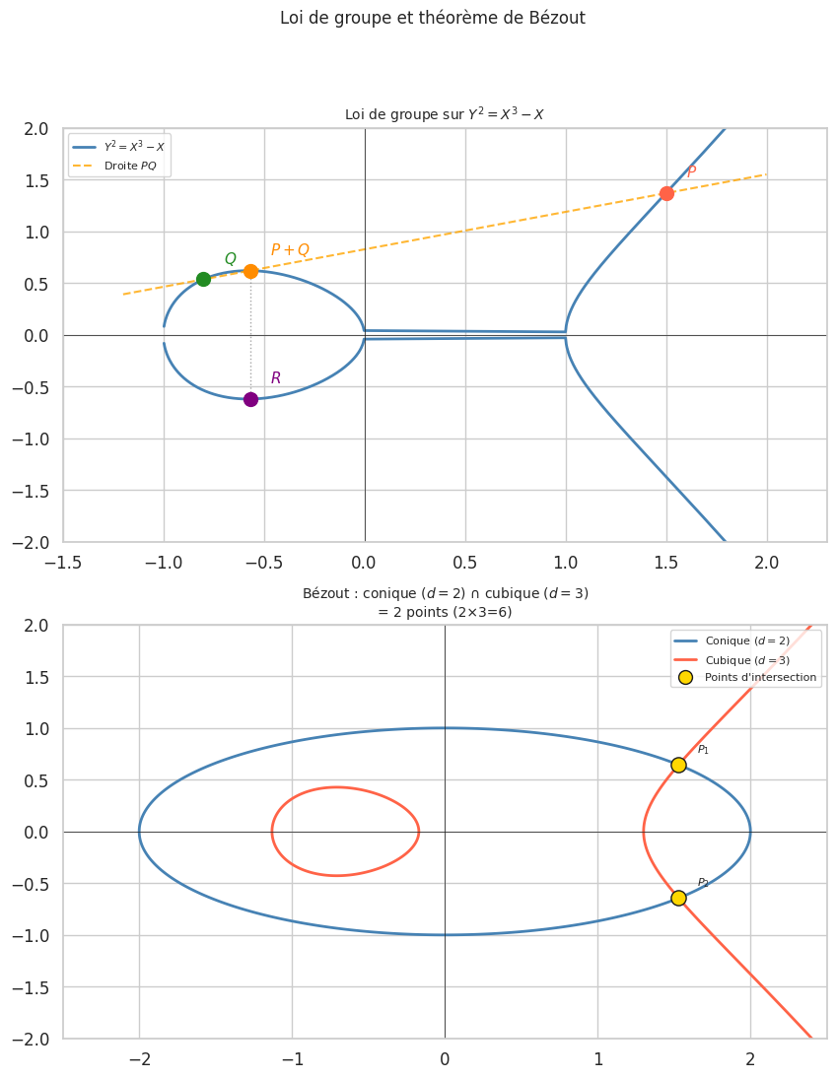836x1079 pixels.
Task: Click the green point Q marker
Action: pyautogui.click(x=203, y=279)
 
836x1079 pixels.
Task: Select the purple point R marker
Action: pyautogui.click(x=250, y=399)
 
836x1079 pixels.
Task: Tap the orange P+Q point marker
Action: pyautogui.click(x=250, y=271)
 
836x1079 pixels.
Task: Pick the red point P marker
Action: pyautogui.click(x=666, y=193)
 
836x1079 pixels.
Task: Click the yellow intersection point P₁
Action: pyautogui.click(x=678, y=765)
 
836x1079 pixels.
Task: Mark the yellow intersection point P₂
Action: pyautogui.click(x=678, y=898)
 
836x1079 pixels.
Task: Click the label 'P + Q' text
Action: pyautogui.click(x=290, y=250)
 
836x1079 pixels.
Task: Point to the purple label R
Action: pyautogui.click(x=276, y=378)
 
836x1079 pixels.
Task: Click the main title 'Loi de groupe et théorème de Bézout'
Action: pyautogui.click(x=433, y=18)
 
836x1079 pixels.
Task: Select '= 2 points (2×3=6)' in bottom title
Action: pyautogui.click(x=445, y=612)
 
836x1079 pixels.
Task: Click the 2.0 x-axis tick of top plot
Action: pyautogui.click(x=766, y=563)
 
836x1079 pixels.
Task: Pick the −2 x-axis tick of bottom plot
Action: pyautogui.click(x=139, y=1059)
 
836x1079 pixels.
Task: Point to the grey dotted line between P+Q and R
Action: pyautogui.click(x=250, y=335)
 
